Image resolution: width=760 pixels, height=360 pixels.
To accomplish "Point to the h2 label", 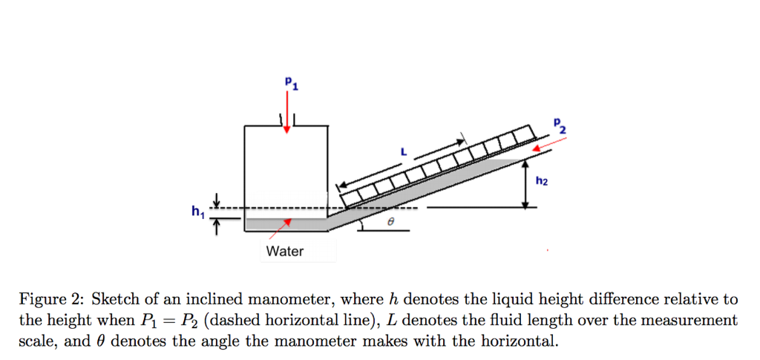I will click(x=542, y=180).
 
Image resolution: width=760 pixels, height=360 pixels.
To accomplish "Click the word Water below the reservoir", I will click(x=285, y=252).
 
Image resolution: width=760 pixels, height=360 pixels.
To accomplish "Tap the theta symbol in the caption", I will click(x=102, y=341).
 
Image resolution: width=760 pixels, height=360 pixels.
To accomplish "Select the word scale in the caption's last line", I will click(x=37, y=341).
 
